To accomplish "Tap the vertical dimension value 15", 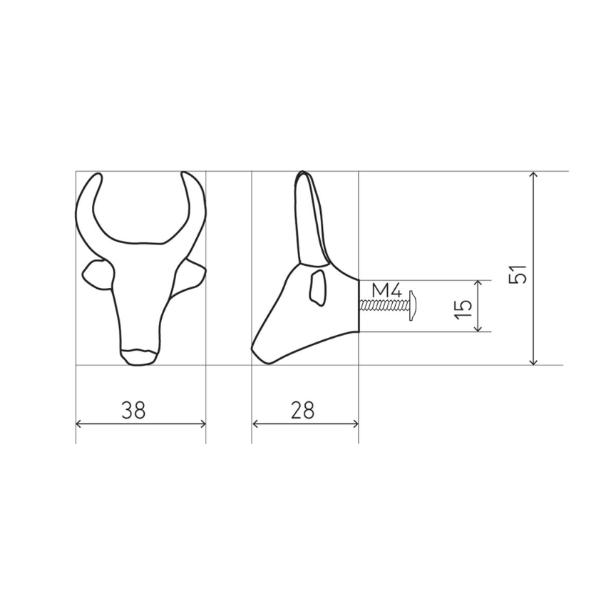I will pyautogui.click(x=463, y=307).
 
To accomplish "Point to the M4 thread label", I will pyautogui.click(x=389, y=290).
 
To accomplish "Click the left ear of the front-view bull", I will pyautogui.click(x=96, y=273).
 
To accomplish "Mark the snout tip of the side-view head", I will pyautogui.click(x=254, y=351).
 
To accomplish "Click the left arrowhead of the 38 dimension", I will pyautogui.click(x=78, y=423).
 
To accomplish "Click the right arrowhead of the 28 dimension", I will pyautogui.click(x=356, y=423).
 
